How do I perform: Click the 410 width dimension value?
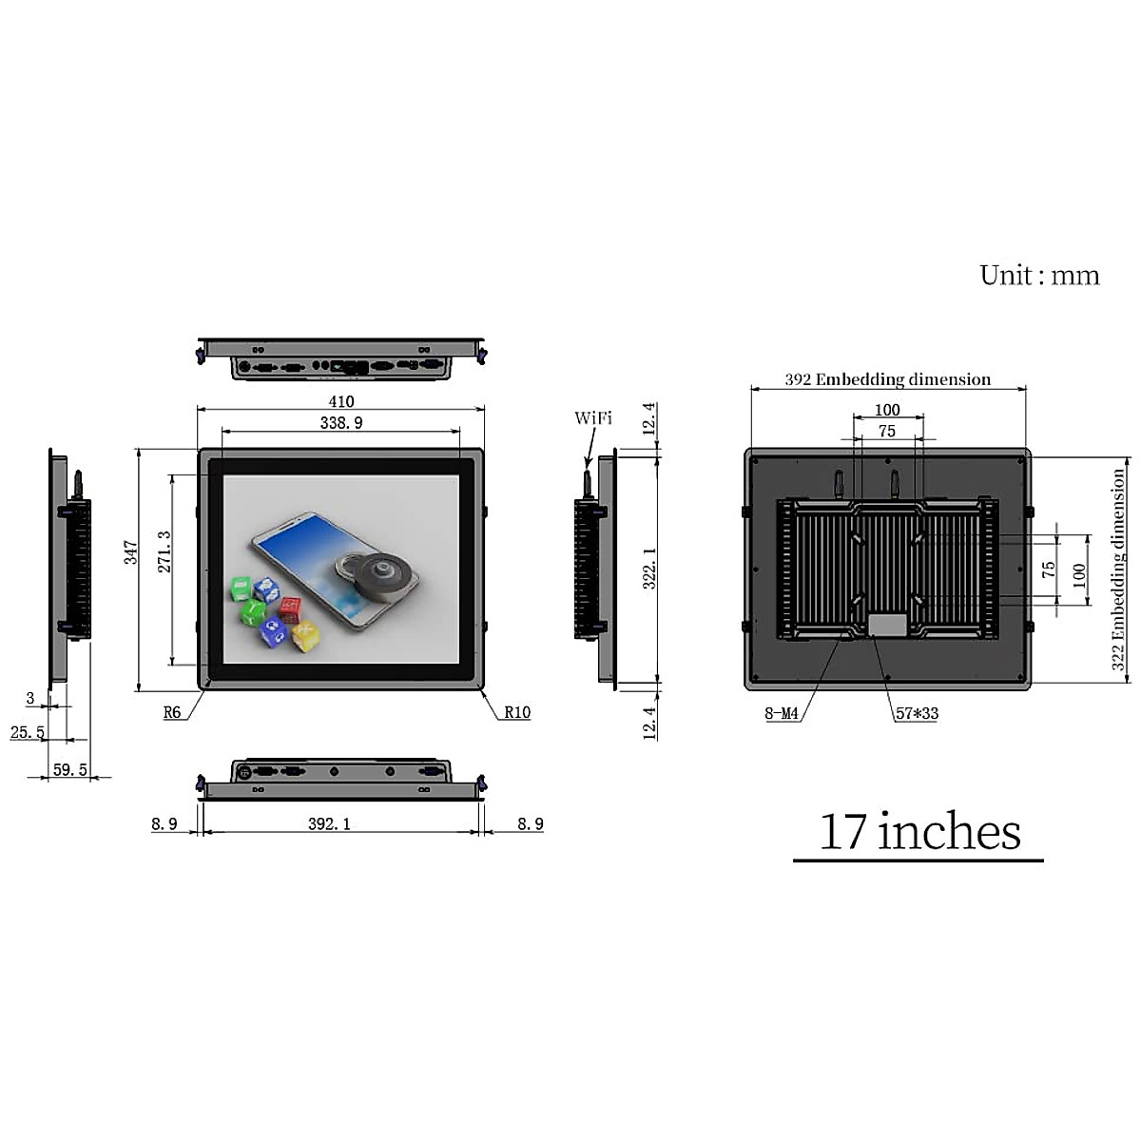point(341,401)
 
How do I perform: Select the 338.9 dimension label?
point(341,422)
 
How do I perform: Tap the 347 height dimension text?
point(131,552)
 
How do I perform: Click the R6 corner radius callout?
point(172,712)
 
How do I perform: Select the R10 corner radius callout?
point(517,712)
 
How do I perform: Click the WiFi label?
point(593,418)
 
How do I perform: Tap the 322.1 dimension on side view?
point(650,568)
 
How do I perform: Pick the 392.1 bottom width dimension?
point(329,823)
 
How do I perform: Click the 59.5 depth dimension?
point(69,769)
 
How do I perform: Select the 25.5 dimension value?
point(28,732)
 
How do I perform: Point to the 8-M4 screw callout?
point(782,713)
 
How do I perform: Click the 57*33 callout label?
point(917,713)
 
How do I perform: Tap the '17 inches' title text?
point(919,832)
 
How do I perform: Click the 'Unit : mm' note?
point(1039,276)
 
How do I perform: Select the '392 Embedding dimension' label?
point(887,379)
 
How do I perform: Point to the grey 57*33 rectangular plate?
point(887,626)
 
